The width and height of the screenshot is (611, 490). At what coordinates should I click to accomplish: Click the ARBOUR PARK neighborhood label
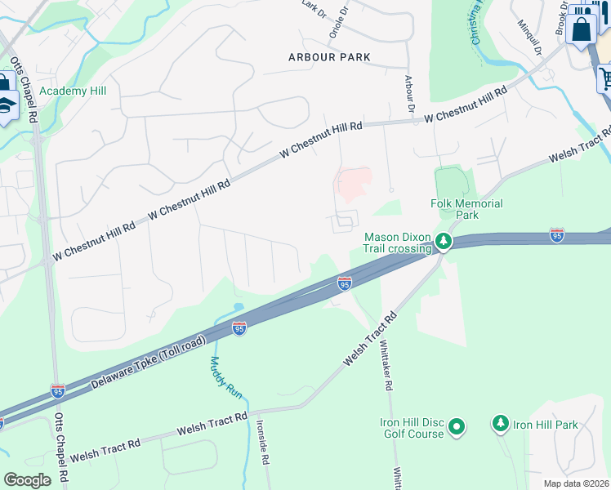coord(329,57)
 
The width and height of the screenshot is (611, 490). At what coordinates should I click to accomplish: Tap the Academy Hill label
coord(74,91)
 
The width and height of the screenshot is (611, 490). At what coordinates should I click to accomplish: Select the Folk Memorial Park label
coord(466,209)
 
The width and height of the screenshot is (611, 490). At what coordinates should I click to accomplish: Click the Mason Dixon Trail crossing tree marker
coord(443,241)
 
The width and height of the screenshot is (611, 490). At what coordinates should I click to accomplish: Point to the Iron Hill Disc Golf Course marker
coord(457,426)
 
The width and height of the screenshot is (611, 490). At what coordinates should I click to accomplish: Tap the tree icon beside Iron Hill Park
coord(500,424)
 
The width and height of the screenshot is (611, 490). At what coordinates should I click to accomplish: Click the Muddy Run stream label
coord(226,377)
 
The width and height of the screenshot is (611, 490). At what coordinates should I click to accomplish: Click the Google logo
coord(27,480)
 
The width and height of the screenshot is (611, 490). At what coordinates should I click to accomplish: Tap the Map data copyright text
coord(577,483)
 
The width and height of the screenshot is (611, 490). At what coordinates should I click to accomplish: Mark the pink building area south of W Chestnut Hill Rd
coord(355,181)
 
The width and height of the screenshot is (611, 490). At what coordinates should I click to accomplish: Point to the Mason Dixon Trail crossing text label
coord(397,243)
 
